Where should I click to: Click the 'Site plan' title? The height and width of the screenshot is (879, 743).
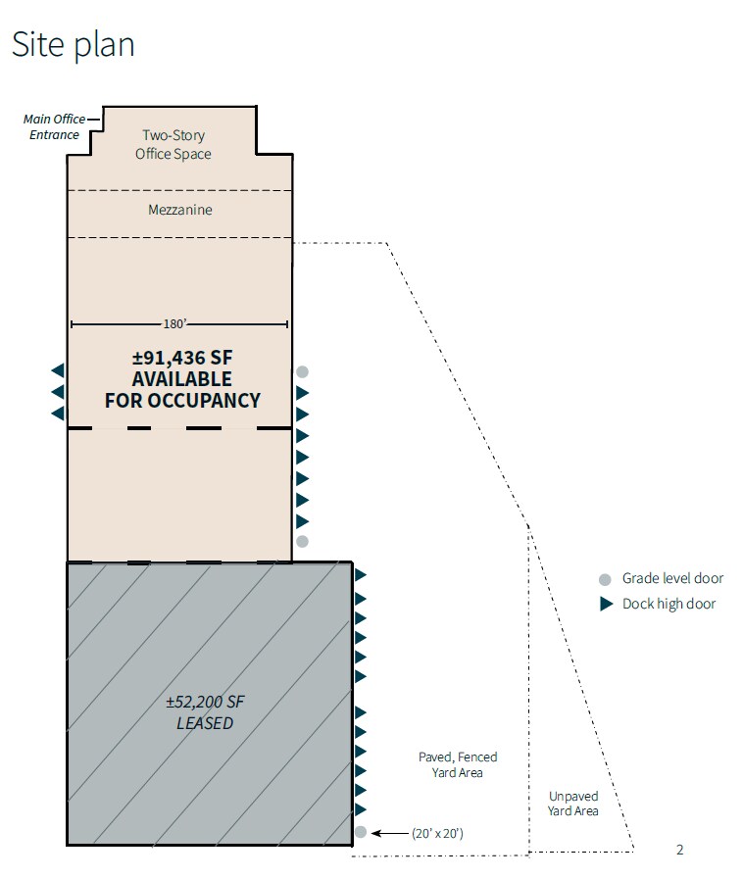73,44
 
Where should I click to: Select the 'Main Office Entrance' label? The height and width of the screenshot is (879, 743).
55,127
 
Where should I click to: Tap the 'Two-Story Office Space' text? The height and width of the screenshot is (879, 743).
173,144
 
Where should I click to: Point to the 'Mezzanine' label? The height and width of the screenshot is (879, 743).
179,210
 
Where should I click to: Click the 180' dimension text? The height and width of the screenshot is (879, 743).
179,324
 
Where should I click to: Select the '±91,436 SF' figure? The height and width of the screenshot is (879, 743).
182,358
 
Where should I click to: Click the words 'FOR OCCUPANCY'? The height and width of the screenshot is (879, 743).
182,400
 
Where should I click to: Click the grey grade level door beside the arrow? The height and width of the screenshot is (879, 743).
361,833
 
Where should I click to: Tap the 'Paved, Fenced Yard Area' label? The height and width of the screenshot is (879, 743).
458,764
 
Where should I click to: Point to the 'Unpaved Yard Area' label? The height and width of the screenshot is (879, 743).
573,804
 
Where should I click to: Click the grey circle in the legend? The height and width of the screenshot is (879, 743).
606,579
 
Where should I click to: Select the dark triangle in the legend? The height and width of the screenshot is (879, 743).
606,604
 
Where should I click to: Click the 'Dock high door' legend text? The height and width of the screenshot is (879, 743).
669,604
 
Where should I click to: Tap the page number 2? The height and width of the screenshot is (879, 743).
679,850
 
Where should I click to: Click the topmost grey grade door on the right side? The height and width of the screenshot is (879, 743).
303,371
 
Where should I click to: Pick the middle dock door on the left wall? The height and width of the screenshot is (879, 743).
58,392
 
